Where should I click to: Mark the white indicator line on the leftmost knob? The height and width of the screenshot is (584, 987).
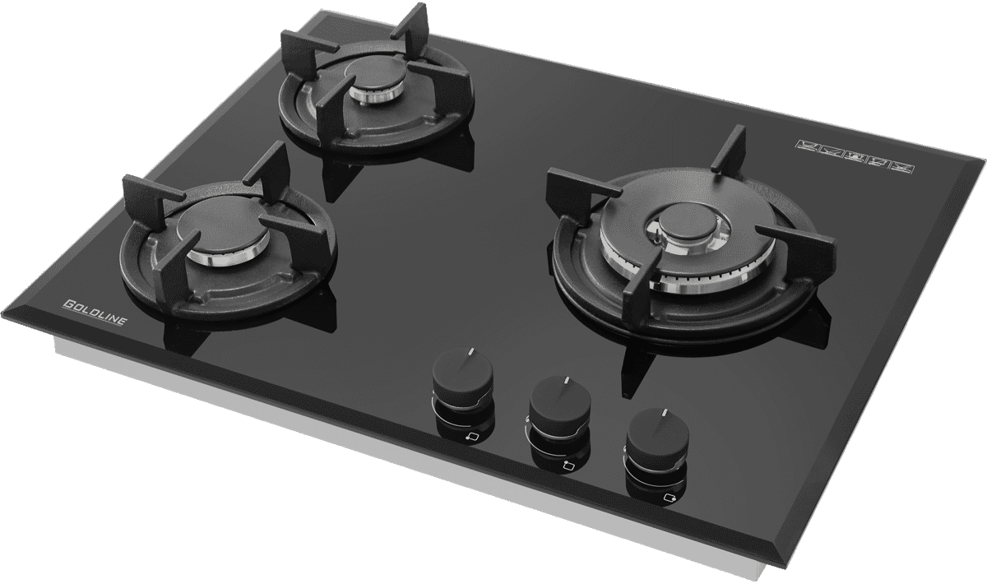pos(468,353)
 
